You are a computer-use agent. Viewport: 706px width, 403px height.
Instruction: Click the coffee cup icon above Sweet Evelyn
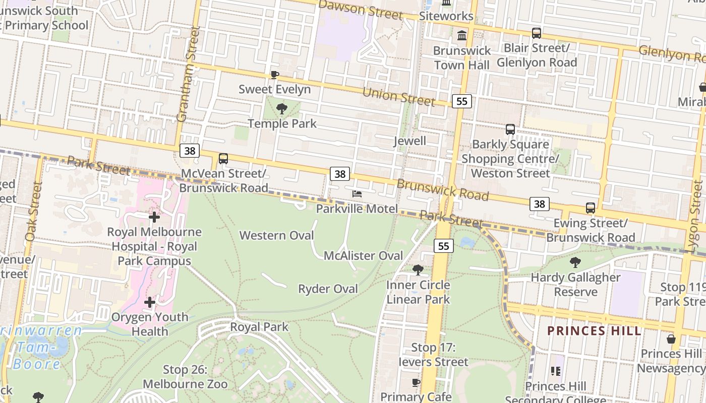[274, 75]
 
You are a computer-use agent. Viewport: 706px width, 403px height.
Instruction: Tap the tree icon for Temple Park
[282, 108]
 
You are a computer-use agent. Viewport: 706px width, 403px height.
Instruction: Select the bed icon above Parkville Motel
[357, 194]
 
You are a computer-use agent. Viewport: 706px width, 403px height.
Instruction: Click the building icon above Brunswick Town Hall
[461, 35]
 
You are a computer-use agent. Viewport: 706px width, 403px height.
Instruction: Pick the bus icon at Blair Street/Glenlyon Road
[537, 33]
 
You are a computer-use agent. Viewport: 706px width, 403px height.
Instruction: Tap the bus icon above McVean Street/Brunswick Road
[223, 159]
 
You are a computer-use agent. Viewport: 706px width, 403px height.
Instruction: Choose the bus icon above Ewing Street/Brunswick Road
[590, 208]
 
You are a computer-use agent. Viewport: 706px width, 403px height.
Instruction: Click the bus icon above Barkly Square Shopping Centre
[510, 129]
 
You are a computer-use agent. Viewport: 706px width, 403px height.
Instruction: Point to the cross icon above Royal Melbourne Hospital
[154, 217]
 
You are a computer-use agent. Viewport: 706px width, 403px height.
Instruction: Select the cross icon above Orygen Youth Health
[150, 302]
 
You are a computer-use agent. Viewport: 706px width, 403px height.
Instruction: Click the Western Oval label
[276, 235]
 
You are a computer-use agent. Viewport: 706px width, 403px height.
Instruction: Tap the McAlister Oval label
[363, 255]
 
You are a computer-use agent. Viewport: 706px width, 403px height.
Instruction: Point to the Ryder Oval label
[328, 289]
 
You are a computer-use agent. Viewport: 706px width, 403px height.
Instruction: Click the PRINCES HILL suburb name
[594, 331]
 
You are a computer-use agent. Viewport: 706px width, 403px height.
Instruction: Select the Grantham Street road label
[187, 75]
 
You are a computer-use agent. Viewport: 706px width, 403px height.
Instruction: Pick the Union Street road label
[398, 97]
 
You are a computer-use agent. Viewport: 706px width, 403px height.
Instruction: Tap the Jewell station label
[409, 141]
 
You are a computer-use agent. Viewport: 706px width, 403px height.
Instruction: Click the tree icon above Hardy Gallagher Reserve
[575, 262]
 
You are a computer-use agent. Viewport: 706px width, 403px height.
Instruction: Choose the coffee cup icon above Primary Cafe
[416, 382]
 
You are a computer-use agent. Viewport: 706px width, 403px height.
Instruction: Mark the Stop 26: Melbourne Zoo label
[185, 377]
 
